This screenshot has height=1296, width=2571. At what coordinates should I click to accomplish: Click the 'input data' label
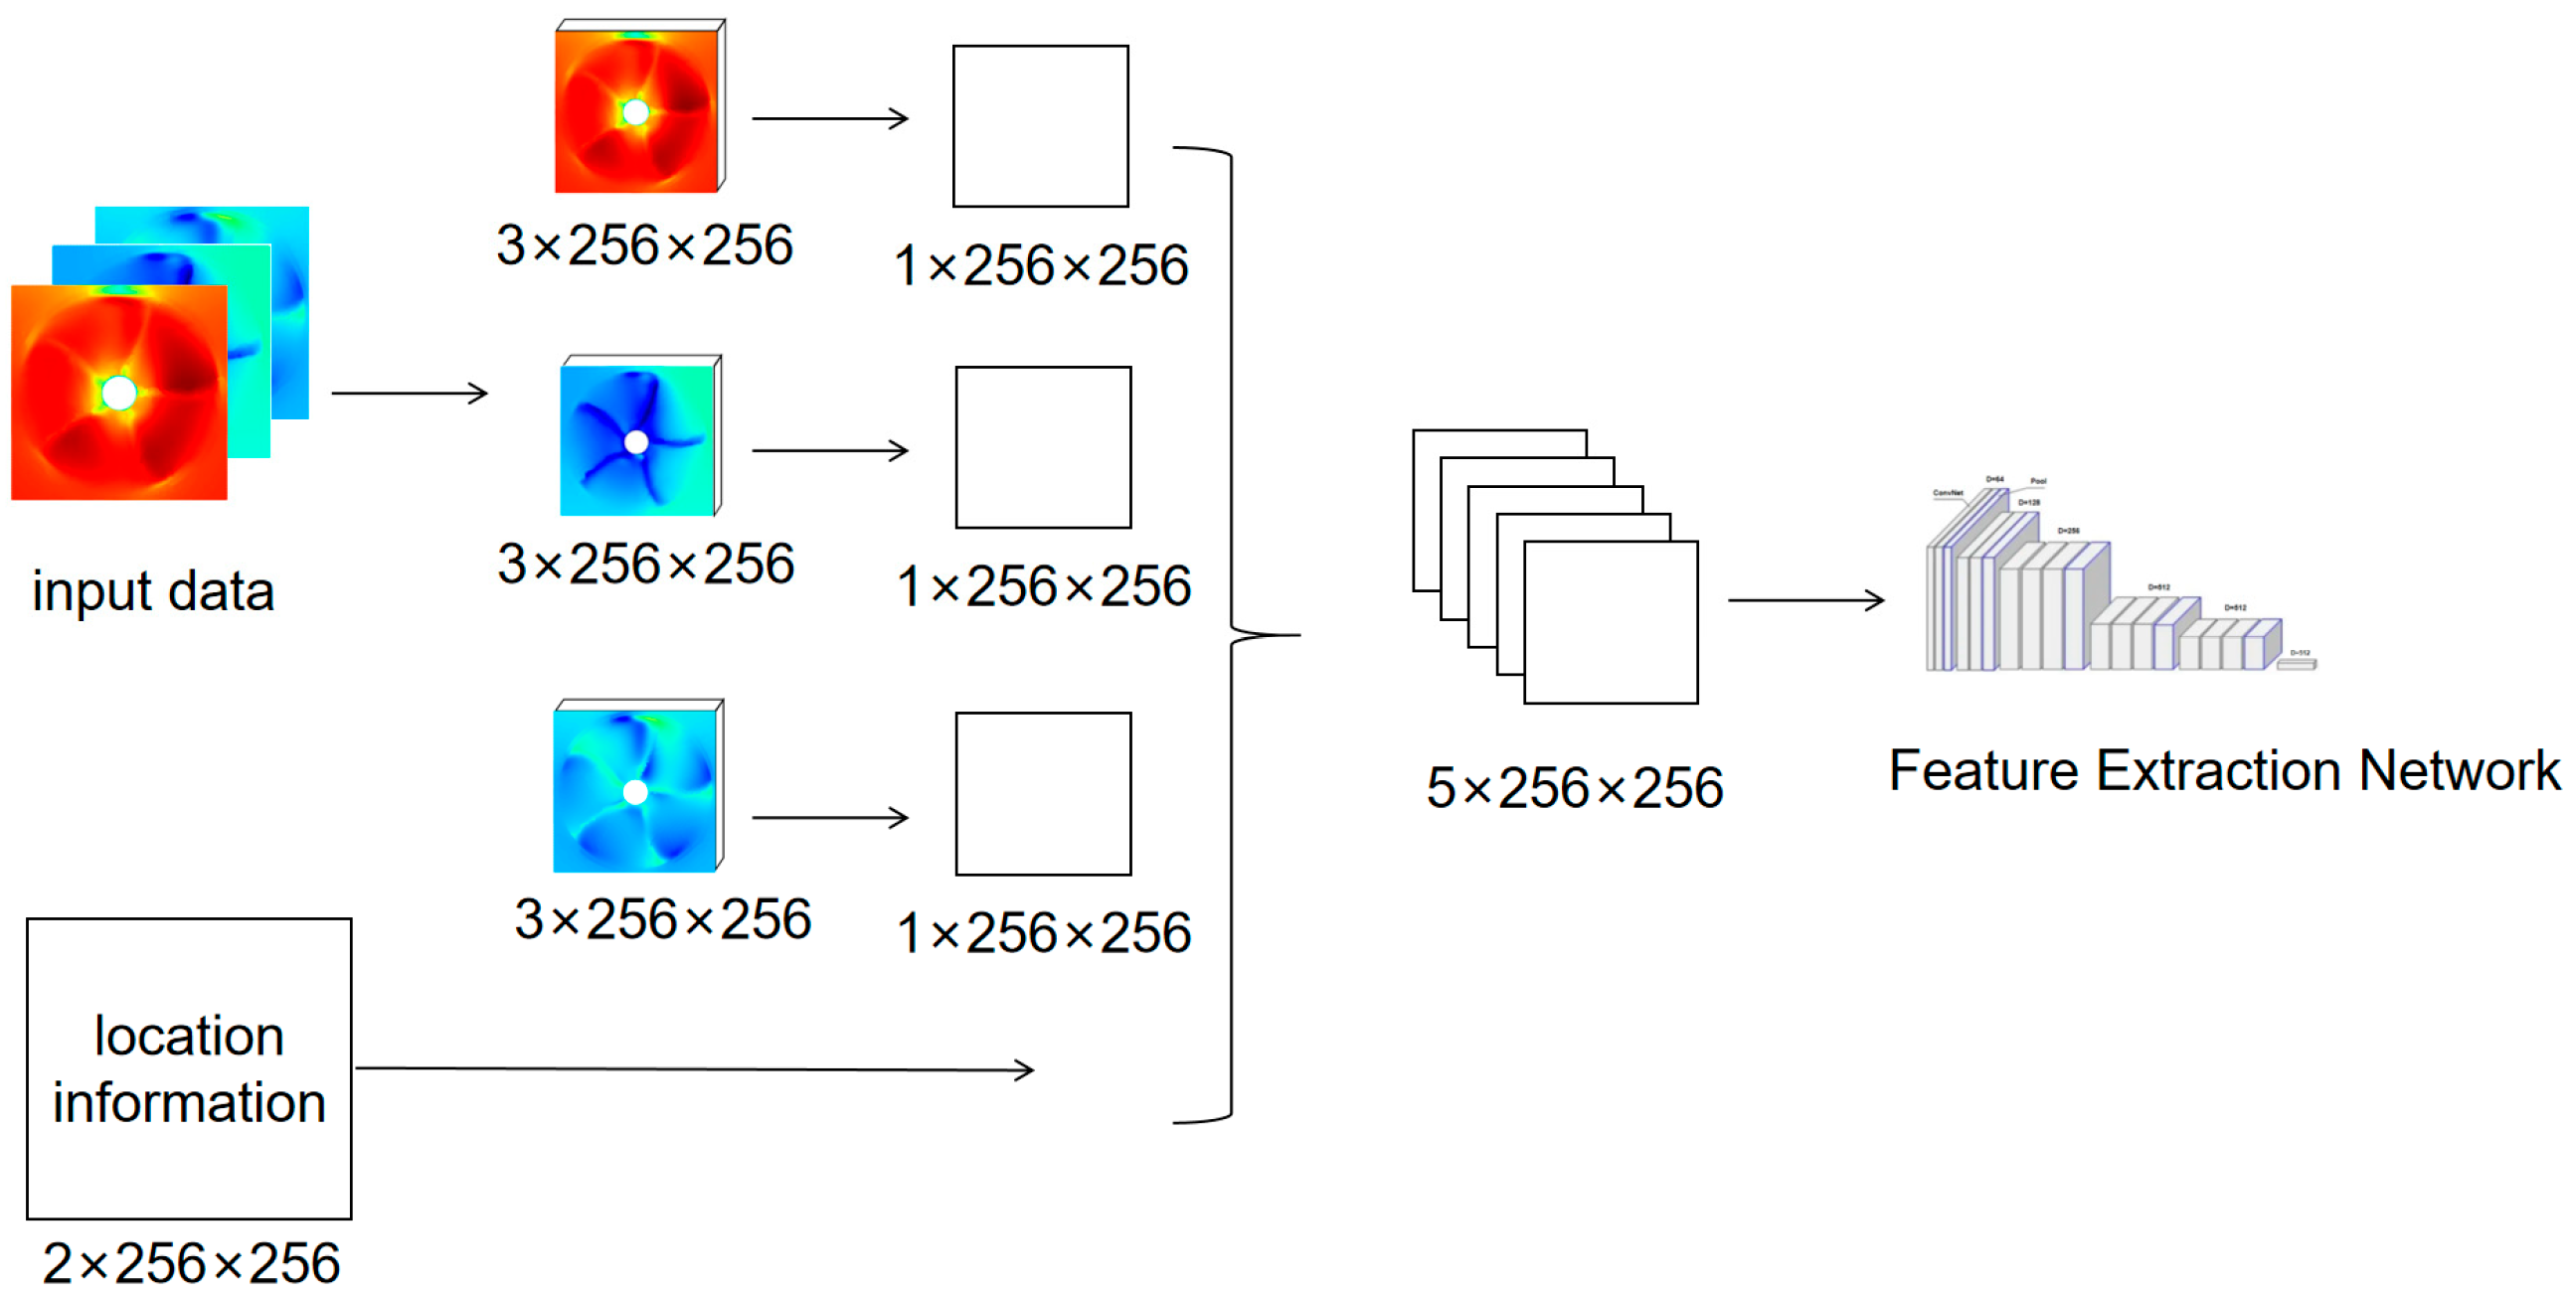153,590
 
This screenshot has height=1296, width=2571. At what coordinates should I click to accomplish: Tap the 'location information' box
189,1067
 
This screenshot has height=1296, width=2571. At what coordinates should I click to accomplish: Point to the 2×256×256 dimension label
191,1262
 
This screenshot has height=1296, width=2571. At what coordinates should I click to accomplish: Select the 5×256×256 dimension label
1574,787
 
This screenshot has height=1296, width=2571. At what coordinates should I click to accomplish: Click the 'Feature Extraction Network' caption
2224,770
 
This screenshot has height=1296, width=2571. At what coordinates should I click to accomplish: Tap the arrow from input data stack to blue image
410,394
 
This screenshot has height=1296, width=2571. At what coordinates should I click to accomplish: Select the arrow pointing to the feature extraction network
1805,599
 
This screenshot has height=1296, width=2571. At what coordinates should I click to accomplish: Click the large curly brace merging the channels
1233,634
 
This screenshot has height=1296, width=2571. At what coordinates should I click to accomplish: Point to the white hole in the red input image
118,394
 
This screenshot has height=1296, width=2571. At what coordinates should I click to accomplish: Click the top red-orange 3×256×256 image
636,109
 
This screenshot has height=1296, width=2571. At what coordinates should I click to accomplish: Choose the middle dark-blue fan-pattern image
636,439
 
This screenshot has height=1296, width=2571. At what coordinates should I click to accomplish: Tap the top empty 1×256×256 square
1040,125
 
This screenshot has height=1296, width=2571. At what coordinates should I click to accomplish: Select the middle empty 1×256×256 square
1043,447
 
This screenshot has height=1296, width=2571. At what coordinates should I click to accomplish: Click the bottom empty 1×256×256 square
1043,793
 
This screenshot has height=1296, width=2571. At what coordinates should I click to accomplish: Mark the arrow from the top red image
829,118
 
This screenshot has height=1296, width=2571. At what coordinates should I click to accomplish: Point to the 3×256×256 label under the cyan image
662,918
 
